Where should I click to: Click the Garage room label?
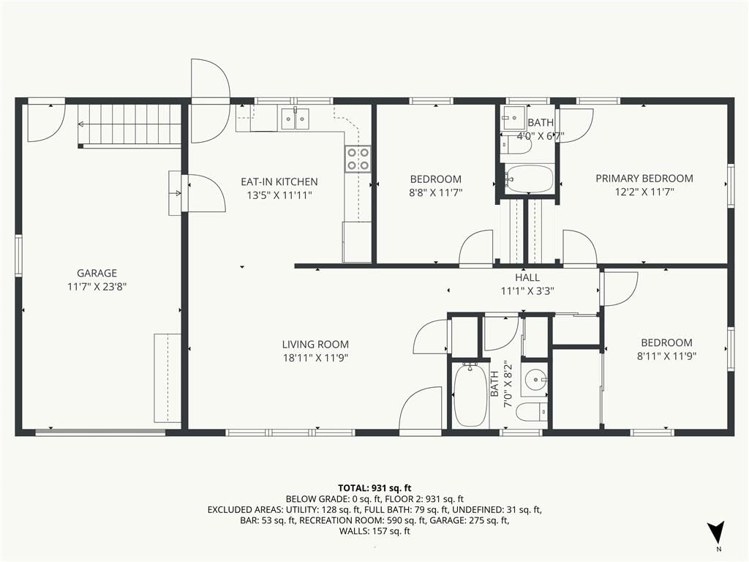[97, 273]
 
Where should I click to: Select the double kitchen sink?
[295, 119]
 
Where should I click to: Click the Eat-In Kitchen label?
[279, 181]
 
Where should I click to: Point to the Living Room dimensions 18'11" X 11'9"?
[315, 358]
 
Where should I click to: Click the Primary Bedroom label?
[644, 179]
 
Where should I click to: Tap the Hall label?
[527, 277]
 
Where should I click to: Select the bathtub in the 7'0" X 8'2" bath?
[471, 396]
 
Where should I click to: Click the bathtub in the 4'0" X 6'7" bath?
[530, 179]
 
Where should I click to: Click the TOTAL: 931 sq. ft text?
[374, 488]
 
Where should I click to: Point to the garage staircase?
[129, 125]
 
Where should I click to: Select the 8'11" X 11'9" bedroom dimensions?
[667, 356]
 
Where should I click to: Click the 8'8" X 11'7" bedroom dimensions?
[436, 192]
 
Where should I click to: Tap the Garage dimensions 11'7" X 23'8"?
[97, 287]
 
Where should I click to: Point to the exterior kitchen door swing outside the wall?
[211, 80]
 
